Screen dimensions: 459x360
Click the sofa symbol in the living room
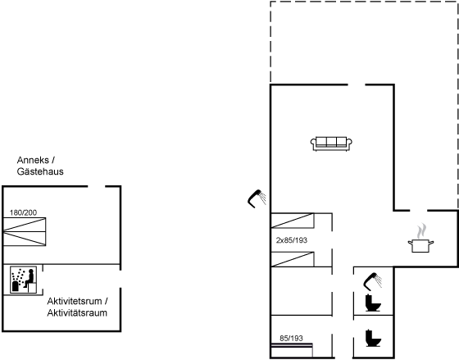point(331,144)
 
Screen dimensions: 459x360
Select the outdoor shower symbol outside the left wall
point(257,199)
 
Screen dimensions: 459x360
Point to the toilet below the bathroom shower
point(373,303)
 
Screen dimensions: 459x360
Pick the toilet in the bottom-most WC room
point(373,338)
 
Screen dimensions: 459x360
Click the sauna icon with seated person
point(24,280)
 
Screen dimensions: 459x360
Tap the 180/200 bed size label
point(24,212)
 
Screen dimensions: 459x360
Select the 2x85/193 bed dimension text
point(292,240)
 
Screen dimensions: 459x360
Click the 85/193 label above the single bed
point(291,339)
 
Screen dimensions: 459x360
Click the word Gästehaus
point(40,171)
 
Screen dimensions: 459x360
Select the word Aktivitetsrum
point(75,301)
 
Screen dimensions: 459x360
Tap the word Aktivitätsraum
point(77,312)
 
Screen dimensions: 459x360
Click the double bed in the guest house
point(25,231)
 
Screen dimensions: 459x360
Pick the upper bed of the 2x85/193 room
point(293,221)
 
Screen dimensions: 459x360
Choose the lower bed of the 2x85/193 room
point(293,259)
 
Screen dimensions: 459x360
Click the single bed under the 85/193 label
point(292,350)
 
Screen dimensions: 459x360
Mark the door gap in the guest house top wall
point(97,186)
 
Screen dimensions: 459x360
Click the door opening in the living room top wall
point(357,85)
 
